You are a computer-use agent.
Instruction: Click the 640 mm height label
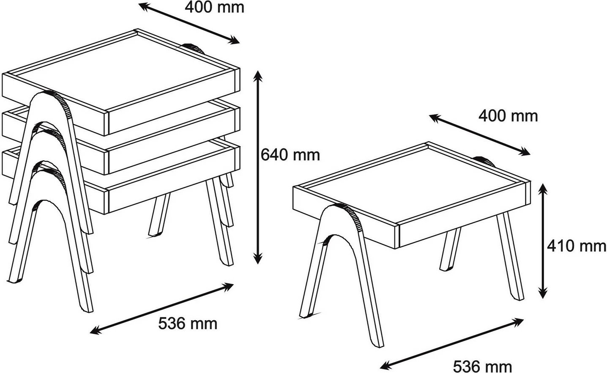pos(290,155)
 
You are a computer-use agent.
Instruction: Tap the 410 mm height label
pos(577,246)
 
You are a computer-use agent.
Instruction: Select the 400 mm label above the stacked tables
pos(214,7)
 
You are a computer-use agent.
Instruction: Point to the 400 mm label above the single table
pos(508,116)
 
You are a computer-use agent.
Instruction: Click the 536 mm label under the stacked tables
pos(188,324)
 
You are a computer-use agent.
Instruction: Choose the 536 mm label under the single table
pos(483,367)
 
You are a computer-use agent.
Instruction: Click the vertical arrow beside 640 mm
pos(258,167)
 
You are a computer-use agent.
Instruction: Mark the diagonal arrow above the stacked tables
pos(189,23)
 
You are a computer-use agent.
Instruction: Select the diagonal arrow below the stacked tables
pos(161,308)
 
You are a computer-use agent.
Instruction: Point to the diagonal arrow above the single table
pos(479,135)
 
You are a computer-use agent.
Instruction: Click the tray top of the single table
pos(412,184)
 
